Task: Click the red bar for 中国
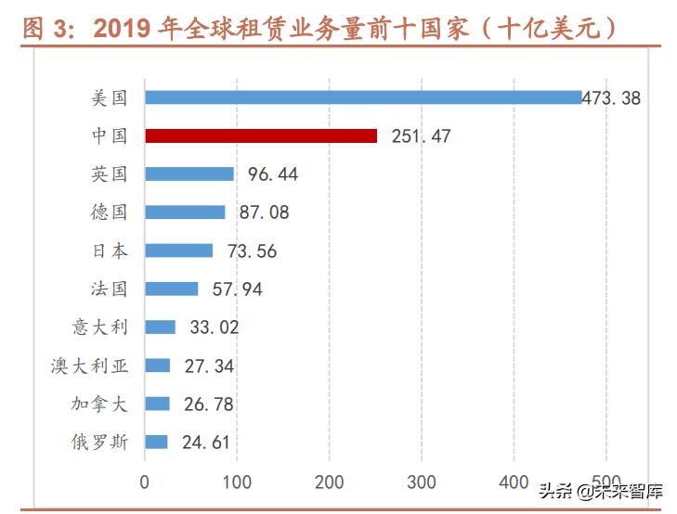261,135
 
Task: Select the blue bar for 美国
363,97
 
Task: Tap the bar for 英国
189,173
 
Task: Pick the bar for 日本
179,251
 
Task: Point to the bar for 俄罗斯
156,442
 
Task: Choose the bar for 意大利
160,327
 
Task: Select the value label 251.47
422,136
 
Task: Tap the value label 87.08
264,212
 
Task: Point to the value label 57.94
238,289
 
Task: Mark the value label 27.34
209,366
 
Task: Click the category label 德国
110,212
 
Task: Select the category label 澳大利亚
89,366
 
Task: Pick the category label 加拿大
99,404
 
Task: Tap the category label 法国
110,289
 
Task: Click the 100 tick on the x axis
237,482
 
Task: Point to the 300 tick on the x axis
422,482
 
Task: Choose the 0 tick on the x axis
145,482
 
